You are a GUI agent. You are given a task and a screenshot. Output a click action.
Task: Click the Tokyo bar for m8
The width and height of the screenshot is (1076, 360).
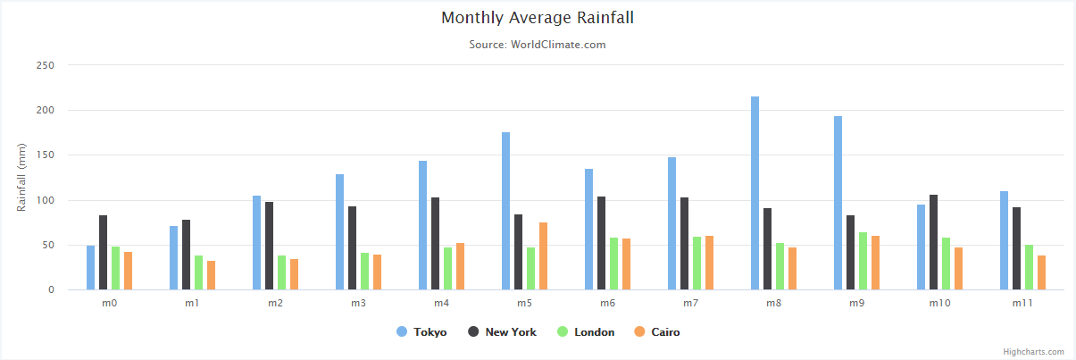(x=755, y=193)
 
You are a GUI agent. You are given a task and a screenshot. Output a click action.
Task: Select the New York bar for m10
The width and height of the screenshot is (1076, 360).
(x=933, y=242)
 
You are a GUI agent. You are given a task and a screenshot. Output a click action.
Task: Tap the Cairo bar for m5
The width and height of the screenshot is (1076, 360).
(x=543, y=256)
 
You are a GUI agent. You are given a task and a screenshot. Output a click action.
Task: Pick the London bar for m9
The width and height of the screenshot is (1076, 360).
(x=863, y=261)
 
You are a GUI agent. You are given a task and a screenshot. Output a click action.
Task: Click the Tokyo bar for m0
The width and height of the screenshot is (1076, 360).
(x=91, y=268)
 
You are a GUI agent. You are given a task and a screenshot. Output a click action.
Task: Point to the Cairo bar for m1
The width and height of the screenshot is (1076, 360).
(x=212, y=275)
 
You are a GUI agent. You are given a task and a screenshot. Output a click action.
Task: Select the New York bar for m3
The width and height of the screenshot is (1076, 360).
(x=352, y=248)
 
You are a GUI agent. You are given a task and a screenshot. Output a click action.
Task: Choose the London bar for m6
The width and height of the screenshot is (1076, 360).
(x=613, y=264)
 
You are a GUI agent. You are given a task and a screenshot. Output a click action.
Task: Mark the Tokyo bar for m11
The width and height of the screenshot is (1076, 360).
(x=1005, y=240)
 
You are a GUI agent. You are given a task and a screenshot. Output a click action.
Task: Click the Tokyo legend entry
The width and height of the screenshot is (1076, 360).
(x=421, y=332)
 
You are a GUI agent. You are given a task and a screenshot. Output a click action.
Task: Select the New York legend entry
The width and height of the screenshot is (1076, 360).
(x=503, y=332)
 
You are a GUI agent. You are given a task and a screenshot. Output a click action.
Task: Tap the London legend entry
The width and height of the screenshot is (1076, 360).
(x=586, y=332)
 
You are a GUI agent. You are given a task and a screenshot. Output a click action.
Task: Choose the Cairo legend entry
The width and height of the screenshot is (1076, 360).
(x=657, y=332)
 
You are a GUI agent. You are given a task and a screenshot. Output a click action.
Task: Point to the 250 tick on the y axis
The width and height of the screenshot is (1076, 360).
(x=46, y=65)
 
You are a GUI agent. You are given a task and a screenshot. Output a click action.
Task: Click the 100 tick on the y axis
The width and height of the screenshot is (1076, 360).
(x=46, y=200)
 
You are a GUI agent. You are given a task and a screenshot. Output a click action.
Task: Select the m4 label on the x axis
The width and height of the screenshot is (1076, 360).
(x=441, y=304)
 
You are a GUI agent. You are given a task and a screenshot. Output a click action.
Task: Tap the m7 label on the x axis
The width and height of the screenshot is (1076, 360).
(x=691, y=304)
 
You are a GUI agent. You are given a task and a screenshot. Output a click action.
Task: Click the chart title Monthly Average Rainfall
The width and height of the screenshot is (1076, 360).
(x=538, y=18)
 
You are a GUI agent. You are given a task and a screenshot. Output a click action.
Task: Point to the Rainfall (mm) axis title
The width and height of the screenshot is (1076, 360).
(x=21, y=178)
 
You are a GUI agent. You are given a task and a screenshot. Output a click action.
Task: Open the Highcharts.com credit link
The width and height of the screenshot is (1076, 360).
(x=1033, y=352)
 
